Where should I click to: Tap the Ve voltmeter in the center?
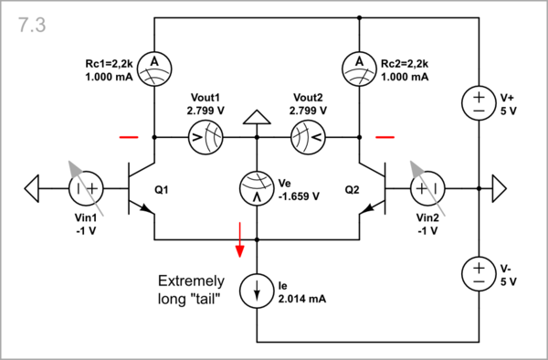(x=257, y=189)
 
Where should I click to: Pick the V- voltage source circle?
(x=479, y=271)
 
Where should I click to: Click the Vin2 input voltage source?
(x=426, y=189)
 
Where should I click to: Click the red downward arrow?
(x=241, y=238)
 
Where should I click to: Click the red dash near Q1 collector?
(x=129, y=138)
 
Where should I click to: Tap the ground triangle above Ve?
(x=257, y=117)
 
